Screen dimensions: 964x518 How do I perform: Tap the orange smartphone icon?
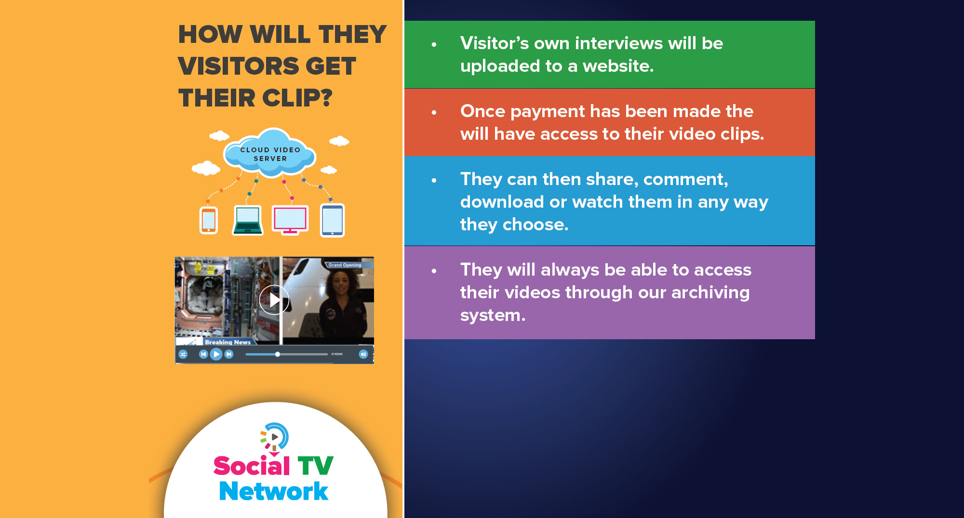coord(209,220)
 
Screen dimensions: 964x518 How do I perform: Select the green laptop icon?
coord(248,220)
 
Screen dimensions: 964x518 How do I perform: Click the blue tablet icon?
coord(333,220)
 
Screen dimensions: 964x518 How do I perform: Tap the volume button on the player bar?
coord(363,354)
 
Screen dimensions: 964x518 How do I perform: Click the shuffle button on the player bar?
coord(183,354)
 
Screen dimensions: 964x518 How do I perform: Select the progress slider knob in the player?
coord(278,354)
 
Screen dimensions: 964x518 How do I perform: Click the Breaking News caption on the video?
coord(228,342)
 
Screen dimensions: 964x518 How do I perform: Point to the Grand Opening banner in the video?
coord(345,265)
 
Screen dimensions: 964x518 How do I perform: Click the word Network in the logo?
coord(274,491)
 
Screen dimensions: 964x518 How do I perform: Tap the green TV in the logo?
coord(315,465)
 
